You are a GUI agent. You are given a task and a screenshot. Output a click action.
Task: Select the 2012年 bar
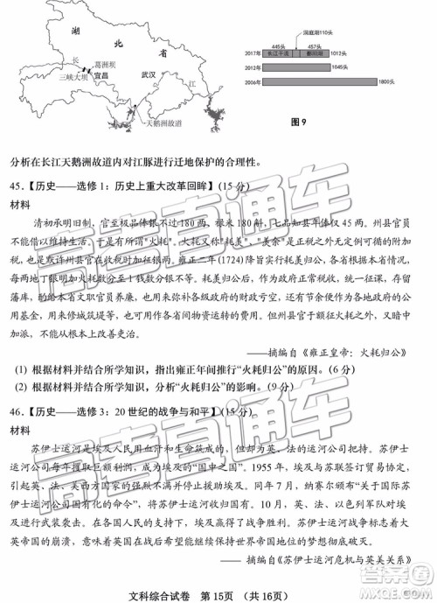pyautogui.click(x=292, y=67)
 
